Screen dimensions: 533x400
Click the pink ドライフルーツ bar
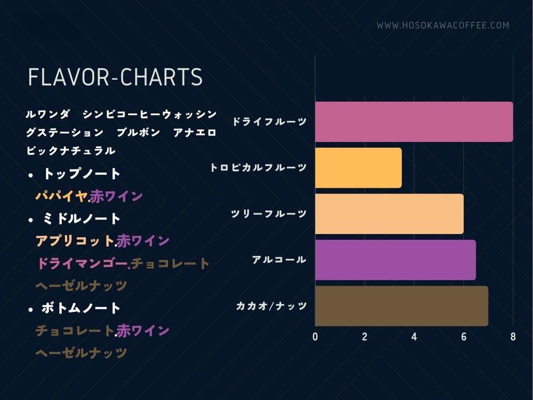point(414,122)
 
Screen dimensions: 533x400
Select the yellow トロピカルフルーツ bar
point(358,167)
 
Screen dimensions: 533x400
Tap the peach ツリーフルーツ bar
point(389,214)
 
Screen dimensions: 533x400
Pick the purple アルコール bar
point(396,260)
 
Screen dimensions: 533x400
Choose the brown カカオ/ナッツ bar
point(401,306)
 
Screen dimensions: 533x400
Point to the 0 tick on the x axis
point(315,337)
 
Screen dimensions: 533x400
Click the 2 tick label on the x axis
point(365,337)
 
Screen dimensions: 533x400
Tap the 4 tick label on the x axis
point(414,337)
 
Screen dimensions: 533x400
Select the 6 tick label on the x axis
point(464,337)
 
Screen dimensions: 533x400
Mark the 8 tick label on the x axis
point(513,337)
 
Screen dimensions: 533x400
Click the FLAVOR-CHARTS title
point(115,77)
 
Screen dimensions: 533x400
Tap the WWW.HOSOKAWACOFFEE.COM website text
point(443,25)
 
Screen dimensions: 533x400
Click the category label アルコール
point(279,260)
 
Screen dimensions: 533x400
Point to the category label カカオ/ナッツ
point(271,306)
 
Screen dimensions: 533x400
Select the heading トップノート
point(81,174)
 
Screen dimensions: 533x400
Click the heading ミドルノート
point(81,219)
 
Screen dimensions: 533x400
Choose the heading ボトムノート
point(81,308)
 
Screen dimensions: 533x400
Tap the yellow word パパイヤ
point(61,196)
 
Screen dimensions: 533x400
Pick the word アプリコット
point(75,241)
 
